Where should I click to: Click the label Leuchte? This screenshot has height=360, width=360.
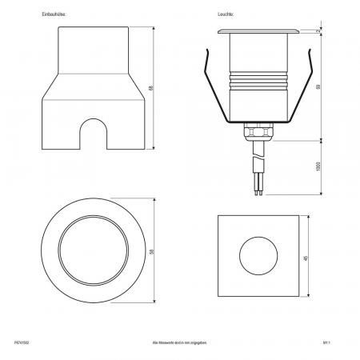225,15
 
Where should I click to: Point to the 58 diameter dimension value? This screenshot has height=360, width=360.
153,251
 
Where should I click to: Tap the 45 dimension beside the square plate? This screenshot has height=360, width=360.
308,258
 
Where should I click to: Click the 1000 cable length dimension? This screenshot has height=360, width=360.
318,167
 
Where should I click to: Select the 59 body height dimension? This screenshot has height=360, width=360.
318,86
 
